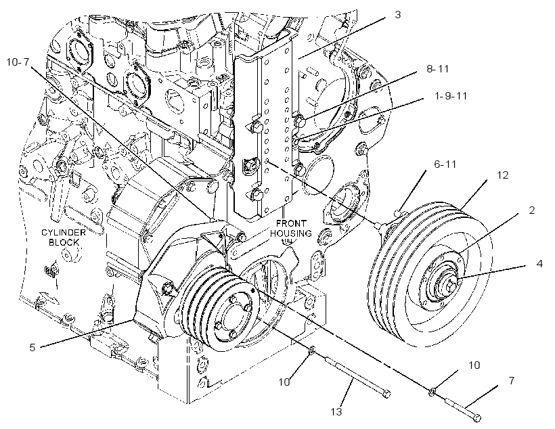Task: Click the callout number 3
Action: coord(397,15)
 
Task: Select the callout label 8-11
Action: coord(437,68)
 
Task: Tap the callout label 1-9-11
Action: coord(451,95)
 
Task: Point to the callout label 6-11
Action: coord(445,164)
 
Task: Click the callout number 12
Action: coord(503,175)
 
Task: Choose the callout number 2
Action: coord(531,210)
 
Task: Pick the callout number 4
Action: coord(539,264)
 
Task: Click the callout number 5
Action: coord(32,347)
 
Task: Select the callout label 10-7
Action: coord(18,62)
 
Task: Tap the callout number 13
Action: coord(336,411)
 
